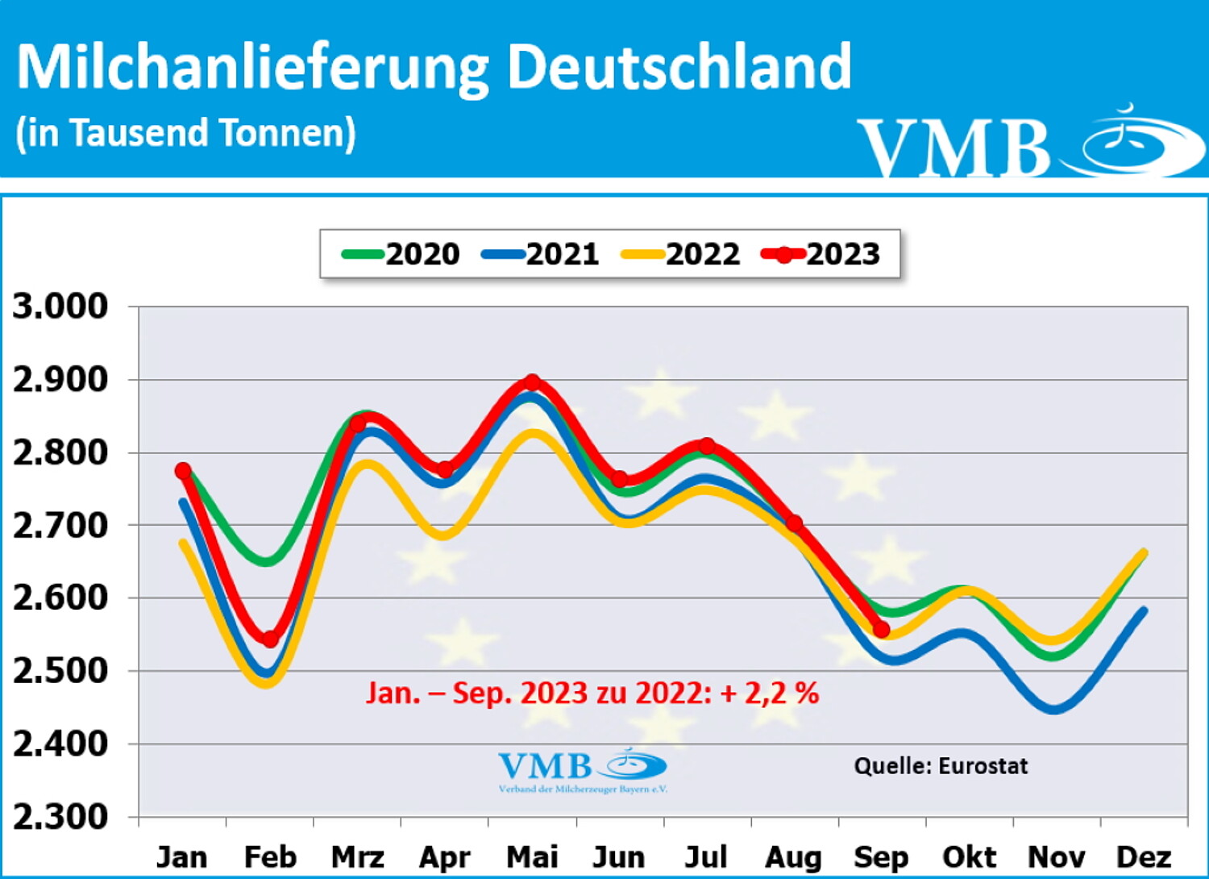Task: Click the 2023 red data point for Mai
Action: (532, 382)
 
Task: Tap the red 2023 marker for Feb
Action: (271, 639)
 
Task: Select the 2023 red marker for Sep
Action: (881, 630)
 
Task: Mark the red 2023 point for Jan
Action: (183, 470)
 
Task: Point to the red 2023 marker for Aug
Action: (794, 523)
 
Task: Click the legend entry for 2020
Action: (401, 254)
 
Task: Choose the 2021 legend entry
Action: (540, 254)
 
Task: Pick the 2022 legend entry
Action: (680, 254)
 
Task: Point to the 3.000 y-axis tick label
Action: (60, 306)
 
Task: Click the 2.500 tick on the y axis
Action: (60, 671)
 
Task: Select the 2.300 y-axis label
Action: (60, 817)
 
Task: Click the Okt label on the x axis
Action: (969, 856)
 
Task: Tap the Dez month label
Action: (1143, 856)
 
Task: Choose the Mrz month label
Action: (357, 856)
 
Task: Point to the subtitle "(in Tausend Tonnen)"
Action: (185, 133)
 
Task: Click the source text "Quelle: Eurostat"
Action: (941, 765)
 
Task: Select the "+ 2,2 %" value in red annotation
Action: (770, 693)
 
